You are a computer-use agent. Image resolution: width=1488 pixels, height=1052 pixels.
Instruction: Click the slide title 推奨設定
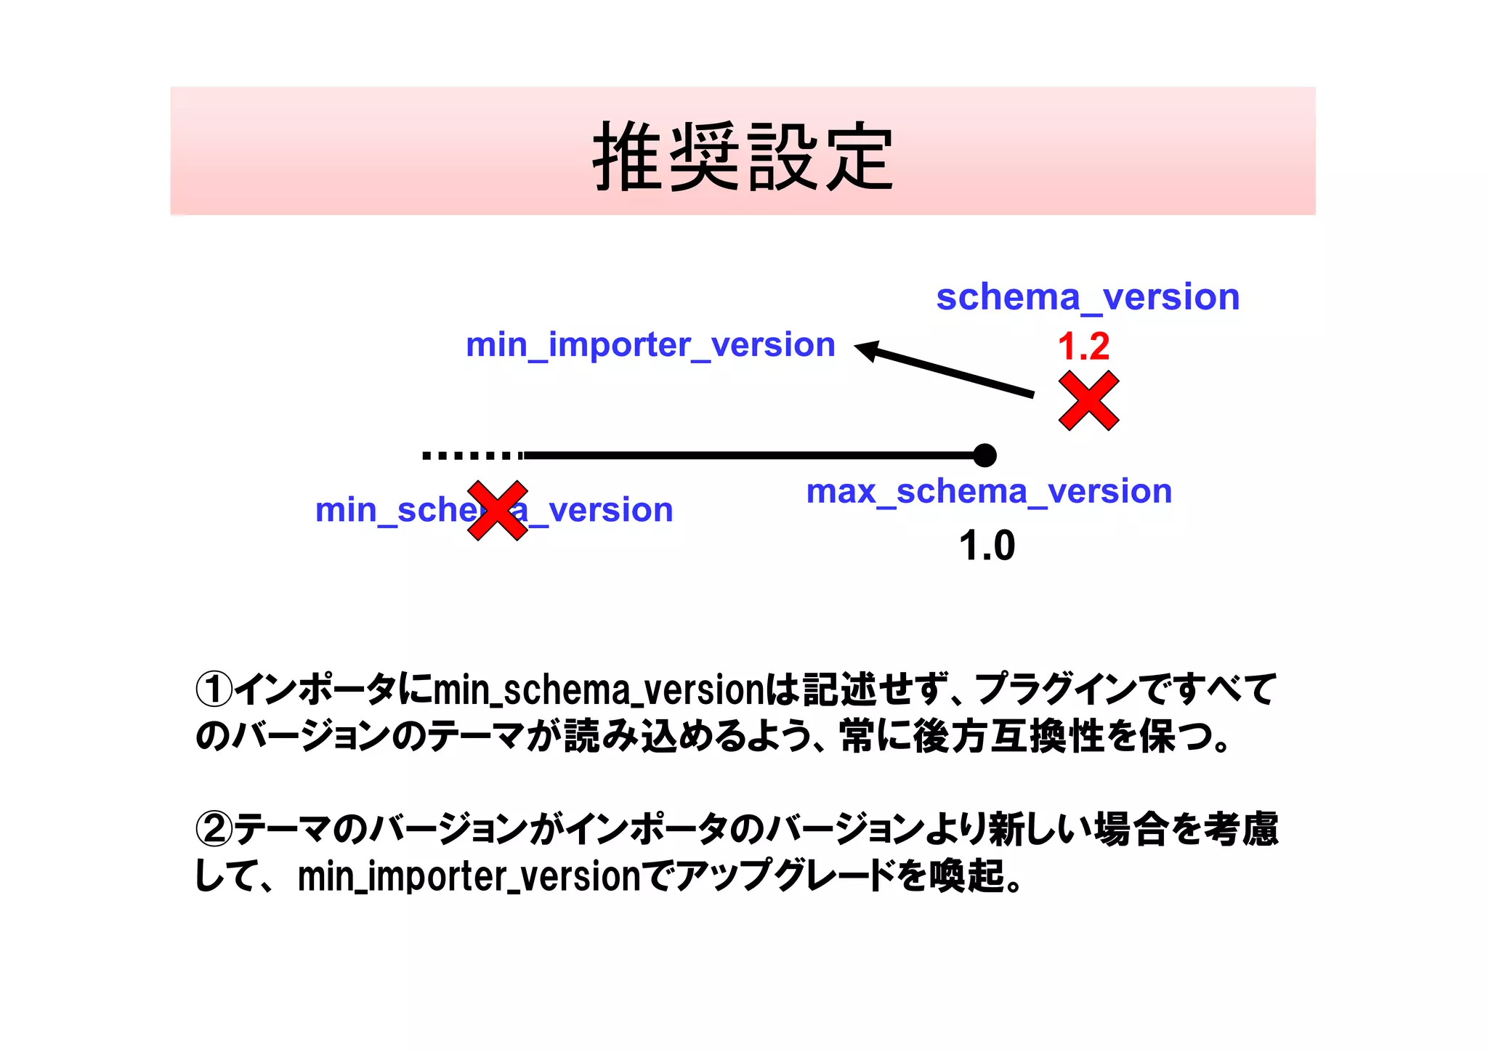pos(743,156)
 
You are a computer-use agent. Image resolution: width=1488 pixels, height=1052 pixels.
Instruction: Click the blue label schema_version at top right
pos(1088,297)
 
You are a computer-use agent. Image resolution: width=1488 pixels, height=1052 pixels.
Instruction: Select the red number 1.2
pos(1083,346)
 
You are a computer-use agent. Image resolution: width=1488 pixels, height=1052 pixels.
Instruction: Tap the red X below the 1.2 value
pos(1088,401)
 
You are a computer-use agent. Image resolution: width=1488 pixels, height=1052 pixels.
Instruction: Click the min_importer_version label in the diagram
pos(650,344)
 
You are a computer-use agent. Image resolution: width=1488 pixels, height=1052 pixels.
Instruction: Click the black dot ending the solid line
pos(984,456)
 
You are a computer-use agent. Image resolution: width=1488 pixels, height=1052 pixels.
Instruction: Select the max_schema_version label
pos(989,491)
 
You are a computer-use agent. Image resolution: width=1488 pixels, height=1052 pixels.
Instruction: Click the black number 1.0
pos(987,546)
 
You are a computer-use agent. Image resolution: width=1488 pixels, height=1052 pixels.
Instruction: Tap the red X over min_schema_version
pos(498,510)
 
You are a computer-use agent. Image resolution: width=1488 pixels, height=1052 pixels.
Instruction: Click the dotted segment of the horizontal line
pos(472,456)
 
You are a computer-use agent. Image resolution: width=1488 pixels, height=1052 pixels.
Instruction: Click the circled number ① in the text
pos(214,689)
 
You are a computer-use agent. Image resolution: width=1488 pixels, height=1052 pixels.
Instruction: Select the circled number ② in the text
pos(214,829)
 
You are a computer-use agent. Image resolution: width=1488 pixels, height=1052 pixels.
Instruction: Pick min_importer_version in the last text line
pos(469,876)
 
